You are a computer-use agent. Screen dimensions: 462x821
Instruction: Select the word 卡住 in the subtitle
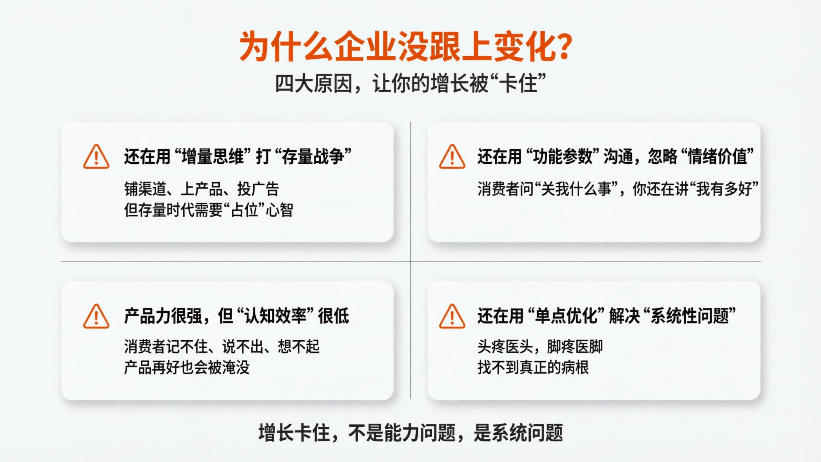click(518, 84)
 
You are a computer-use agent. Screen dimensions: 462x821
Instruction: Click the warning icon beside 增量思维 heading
click(96, 157)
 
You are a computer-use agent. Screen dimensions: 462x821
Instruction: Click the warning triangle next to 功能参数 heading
click(452, 157)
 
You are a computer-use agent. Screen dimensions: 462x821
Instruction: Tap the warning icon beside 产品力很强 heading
click(96, 317)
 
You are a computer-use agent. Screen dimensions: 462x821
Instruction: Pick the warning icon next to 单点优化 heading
click(452, 317)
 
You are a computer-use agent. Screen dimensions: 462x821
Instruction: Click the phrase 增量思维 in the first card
click(213, 156)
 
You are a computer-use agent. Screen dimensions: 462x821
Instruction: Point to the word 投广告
click(258, 189)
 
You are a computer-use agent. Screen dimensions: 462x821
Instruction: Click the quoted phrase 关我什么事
click(576, 189)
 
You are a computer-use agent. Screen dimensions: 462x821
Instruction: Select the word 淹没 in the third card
click(236, 368)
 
